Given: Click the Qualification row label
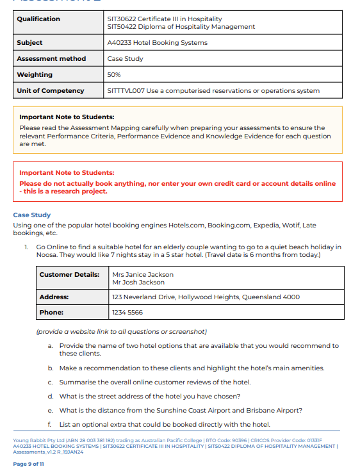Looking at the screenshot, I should click(x=38, y=19).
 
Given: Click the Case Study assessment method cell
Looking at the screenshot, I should click(x=125, y=59).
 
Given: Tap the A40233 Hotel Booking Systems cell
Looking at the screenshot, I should click(x=157, y=43).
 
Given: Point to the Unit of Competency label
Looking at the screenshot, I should click(x=51, y=91).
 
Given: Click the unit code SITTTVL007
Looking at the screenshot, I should click(x=126, y=91).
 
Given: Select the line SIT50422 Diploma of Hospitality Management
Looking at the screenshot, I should click(x=181, y=27).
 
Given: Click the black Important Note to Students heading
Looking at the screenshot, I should click(x=67, y=117).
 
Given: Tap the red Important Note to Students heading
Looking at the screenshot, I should click(x=67, y=173).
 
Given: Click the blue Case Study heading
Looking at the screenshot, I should click(x=31, y=215).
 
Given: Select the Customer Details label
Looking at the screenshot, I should click(x=69, y=275).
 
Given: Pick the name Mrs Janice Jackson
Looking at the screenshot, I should click(x=142, y=275).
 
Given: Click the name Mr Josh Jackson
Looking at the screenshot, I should click(x=138, y=283).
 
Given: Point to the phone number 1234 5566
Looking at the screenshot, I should click(x=127, y=313).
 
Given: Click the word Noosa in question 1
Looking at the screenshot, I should click(x=46, y=255).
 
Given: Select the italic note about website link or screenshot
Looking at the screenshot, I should click(x=122, y=332).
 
